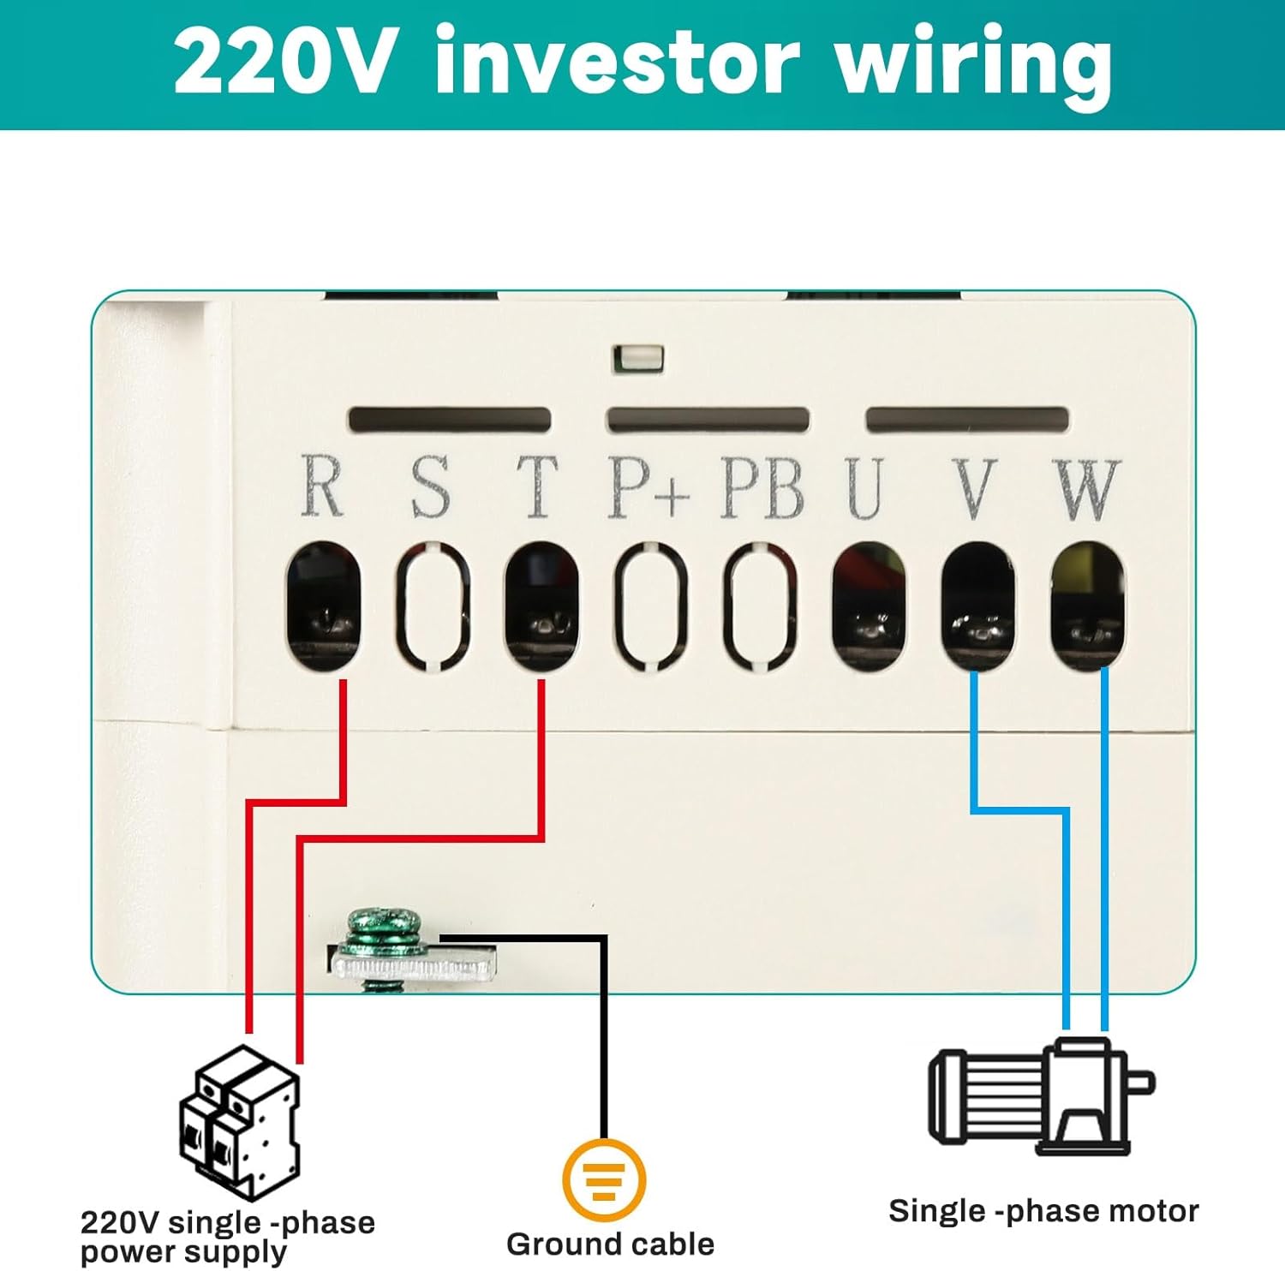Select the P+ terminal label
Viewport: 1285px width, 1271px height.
[x=648, y=488]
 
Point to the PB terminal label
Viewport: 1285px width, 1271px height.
[x=762, y=488]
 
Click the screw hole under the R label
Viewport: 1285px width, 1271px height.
[x=323, y=606]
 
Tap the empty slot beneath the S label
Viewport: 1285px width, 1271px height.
[x=433, y=606]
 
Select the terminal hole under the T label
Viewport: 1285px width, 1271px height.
[x=541, y=606]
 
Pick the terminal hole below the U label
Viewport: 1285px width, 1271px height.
[x=869, y=606]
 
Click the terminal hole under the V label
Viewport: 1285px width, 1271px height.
[x=977, y=606]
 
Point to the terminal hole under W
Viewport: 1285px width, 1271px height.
[x=1087, y=606]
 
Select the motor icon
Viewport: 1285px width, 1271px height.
[x=1040, y=1096]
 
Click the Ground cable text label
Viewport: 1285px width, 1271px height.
[x=610, y=1244]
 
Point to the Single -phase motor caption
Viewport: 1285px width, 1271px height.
[x=1043, y=1211]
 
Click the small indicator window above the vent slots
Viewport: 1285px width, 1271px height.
[x=638, y=357]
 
